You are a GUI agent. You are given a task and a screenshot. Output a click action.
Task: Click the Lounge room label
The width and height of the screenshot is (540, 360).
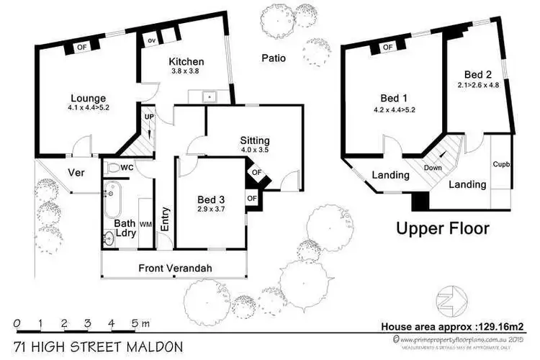(89, 99)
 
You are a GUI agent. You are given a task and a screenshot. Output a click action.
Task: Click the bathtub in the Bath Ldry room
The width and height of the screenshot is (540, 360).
(110, 202)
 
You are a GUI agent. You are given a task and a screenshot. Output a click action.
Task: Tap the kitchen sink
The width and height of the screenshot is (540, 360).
(207, 95)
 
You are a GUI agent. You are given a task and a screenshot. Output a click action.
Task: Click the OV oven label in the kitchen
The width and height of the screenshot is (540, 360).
(152, 40)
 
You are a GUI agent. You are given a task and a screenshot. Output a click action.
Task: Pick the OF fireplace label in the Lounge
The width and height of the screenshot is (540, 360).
(81, 48)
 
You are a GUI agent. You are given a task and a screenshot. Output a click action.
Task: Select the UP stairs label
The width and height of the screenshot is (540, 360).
(149, 116)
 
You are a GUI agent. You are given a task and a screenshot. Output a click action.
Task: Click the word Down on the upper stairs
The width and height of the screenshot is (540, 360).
(433, 168)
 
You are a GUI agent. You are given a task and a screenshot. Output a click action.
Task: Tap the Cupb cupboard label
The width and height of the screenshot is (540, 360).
(502, 164)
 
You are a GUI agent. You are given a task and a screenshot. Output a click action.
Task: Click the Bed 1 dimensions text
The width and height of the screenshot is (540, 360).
(394, 110)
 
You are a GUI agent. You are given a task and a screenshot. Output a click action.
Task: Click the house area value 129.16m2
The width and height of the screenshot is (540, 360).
(503, 326)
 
